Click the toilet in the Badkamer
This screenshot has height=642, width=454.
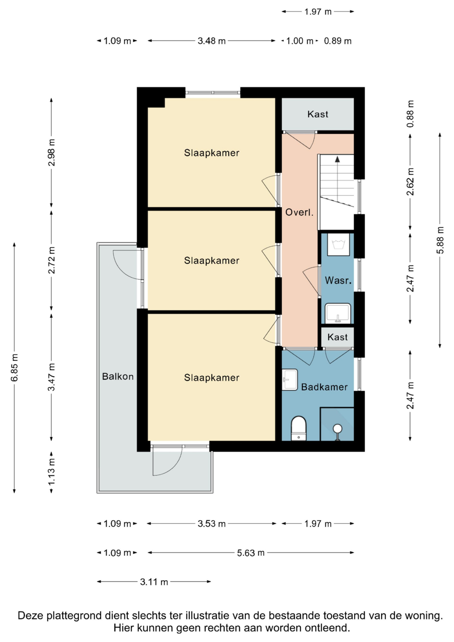coord(299,428)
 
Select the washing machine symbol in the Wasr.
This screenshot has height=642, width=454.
coord(338,244)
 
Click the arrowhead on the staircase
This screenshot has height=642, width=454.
coord(337,159)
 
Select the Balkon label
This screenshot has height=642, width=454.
coord(118,376)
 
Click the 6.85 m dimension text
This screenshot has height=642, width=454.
coord(15,367)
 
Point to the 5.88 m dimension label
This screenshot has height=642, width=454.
coord(440,240)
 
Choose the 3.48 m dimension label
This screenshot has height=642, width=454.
coord(212,41)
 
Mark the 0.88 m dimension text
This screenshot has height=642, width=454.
coord(410,113)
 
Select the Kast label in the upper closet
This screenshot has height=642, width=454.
coord(318,114)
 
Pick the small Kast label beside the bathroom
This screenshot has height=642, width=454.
coord(337,337)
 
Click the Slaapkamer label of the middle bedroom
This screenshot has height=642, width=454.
coord(212,261)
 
